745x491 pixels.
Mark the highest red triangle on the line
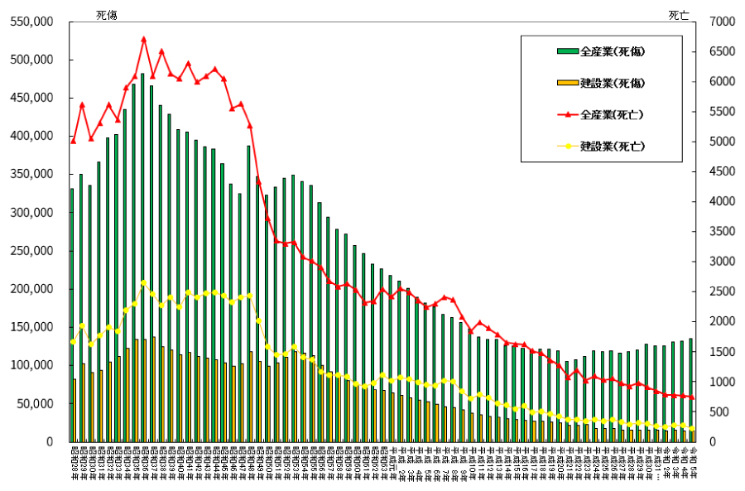(143, 39)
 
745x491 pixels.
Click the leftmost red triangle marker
(73, 141)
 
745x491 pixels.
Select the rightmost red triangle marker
(691, 398)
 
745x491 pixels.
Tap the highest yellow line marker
(143, 283)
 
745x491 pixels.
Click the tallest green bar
(142, 258)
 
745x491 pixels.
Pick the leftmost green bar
(72, 315)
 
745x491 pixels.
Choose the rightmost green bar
(690, 390)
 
